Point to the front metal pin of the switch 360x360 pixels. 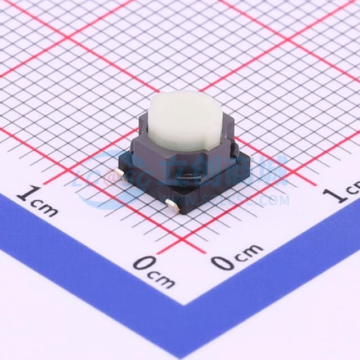(172, 206)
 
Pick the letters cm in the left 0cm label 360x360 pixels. (164, 278)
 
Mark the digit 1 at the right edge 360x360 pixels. (338, 194)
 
